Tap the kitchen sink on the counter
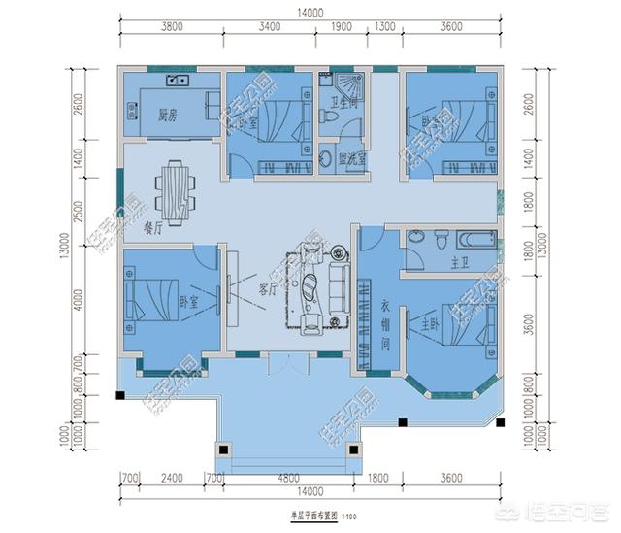tap(176, 81)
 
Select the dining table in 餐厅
tap(177, 187)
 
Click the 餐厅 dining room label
tap(152, 230)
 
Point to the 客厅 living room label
tap(269, 288)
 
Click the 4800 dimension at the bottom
tap(289, 478)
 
